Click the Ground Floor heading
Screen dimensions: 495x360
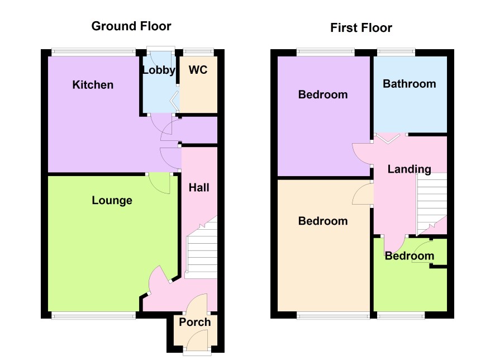click(x=131, y=26)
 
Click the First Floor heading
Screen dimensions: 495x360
click(x=361, y=28)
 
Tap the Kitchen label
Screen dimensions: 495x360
click(x=93, y=84)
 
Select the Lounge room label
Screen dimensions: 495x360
click(x=112, y=201)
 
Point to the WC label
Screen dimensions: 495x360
click(x=198, y=70)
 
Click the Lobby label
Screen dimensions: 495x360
click(x=159, y=70)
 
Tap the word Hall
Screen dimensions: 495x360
click(x=199, y=188)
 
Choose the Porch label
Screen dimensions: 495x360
click(x=195, y=322)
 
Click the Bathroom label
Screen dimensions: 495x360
click(x=410, y=84)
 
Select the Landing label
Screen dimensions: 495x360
click(x=410, y=169)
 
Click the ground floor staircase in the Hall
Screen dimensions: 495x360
click(x=202, y=249)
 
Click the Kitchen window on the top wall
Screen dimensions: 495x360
click(x=94, y=52)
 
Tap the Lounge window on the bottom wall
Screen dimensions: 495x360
click(x=94, y=315)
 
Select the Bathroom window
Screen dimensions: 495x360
click(x=396, y=52)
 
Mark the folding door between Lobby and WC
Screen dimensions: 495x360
click(x=174, y=101)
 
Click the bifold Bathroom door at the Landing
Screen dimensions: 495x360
click(x=388, y=139)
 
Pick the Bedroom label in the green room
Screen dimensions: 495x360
click(x=410, y=256)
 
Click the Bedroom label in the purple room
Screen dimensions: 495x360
click(x=323, y=94)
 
